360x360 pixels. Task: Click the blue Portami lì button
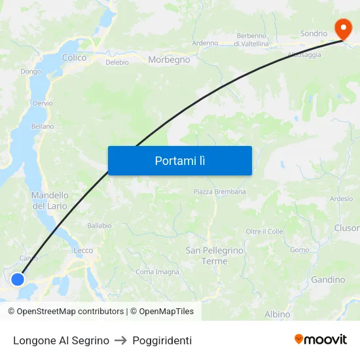[x=180, y=160]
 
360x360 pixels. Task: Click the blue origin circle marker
[x=18, y=279]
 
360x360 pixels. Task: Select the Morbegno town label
[x=169, y=60]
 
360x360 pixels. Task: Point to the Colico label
[x=74, y=58]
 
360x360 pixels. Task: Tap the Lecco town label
[x=83, y=250]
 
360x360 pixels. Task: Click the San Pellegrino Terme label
[x=215, y=255]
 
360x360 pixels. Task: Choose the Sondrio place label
[x=314, y=33]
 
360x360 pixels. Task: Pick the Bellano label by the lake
[x=43, y=126]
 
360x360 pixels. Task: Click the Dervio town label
[x=43, y=103]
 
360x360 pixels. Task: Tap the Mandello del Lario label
[x=50, y=200]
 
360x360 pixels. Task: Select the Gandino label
[x=328, y=279]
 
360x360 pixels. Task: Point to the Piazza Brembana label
[x=219, y=192]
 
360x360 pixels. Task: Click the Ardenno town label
[x=205, y=43]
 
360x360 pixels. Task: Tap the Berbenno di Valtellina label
[x=253, y=39]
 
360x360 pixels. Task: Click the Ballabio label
[x=99, y=226]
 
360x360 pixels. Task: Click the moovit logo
[x=321, y=340]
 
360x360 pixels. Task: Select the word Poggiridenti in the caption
[x=162, y=340]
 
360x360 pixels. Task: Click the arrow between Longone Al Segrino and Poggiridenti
[x=120, y=340]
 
